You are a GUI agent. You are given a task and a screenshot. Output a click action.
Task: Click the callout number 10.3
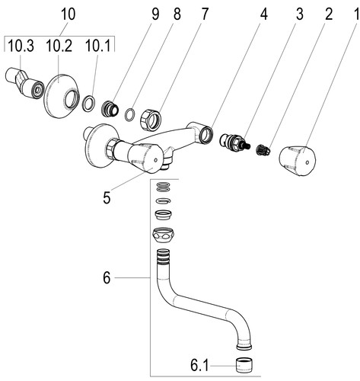pos(21,46)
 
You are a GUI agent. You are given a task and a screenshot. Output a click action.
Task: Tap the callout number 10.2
pos(59,46)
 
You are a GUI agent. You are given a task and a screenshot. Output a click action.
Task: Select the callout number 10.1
pos(98,46)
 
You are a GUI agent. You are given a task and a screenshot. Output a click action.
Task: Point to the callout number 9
pos(155,14)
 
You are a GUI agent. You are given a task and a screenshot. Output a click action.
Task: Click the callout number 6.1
pos(199,366)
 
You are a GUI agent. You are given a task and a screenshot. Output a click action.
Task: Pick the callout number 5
pos(107,197)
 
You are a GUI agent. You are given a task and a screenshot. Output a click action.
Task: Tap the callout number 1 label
pos(355,14)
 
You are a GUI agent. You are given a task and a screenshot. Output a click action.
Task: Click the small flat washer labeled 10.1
pos(89,104)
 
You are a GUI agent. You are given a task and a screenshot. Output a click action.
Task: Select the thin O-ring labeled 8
pos(130,114)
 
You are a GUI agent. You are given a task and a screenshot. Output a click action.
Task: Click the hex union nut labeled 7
pos(151,120)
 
